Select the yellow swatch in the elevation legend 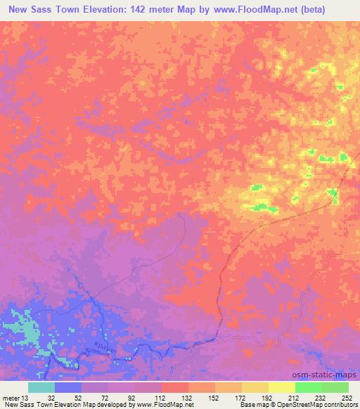pos(281,387)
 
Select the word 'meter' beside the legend pos(12,397)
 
